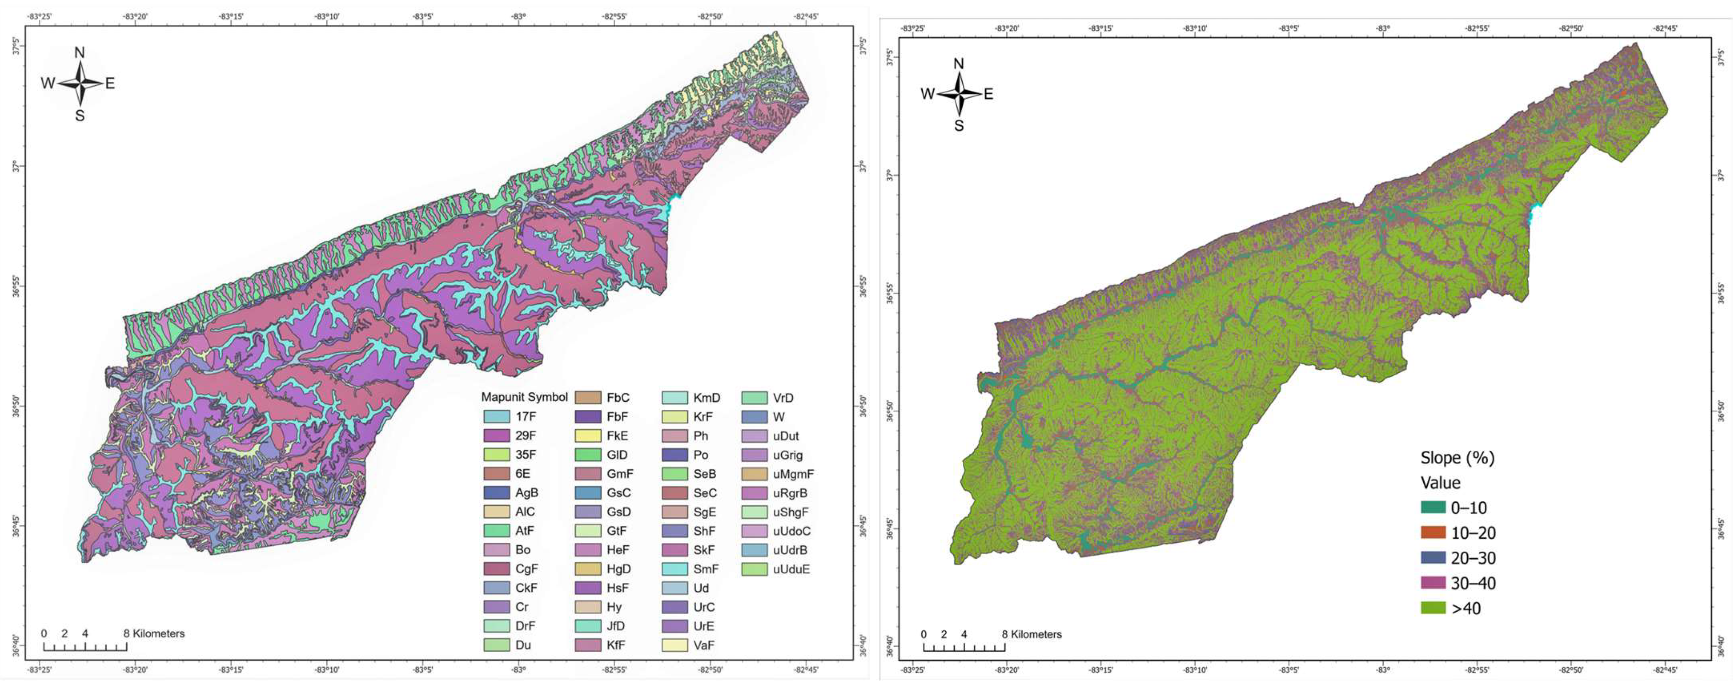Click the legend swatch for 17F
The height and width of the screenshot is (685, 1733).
(496, 417)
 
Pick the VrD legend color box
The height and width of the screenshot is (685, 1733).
(754, 398)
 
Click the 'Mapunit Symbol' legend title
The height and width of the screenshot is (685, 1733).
(524, 397)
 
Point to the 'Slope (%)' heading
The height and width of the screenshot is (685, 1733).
(1457, 458)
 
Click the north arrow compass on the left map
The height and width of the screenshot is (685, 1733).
(79, 83)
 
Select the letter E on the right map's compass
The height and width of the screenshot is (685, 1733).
(988, 94)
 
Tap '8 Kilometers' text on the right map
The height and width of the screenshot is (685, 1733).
(1031, 634)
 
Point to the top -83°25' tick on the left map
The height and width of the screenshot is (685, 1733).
(40, 16)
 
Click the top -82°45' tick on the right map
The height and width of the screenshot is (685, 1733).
(1666, 28)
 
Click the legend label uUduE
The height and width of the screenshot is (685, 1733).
(791, 569)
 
